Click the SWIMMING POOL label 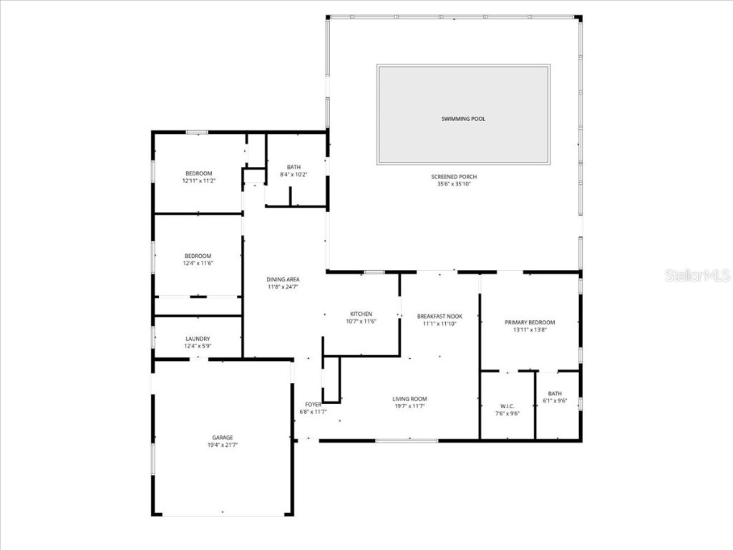(463, 119)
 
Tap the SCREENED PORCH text (454, 177)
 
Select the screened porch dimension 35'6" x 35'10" (454, 184)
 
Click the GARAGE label (222, 438)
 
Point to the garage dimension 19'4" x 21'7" (222, 445)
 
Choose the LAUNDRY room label (198, 339)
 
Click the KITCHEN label (361, 314)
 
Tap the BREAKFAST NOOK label (440, 317)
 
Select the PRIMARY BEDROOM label (530, 322)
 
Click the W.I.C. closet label (507, 406)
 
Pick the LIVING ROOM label (409, 399)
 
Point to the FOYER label (313, 405)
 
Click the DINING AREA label (283, 279)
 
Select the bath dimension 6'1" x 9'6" (555, 400)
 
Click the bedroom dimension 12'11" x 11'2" (198, 180)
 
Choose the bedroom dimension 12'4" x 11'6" (198, 263)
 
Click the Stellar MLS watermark (696, 275)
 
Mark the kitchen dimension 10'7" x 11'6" (361, 322)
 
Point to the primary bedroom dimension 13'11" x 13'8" (530, 330)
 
